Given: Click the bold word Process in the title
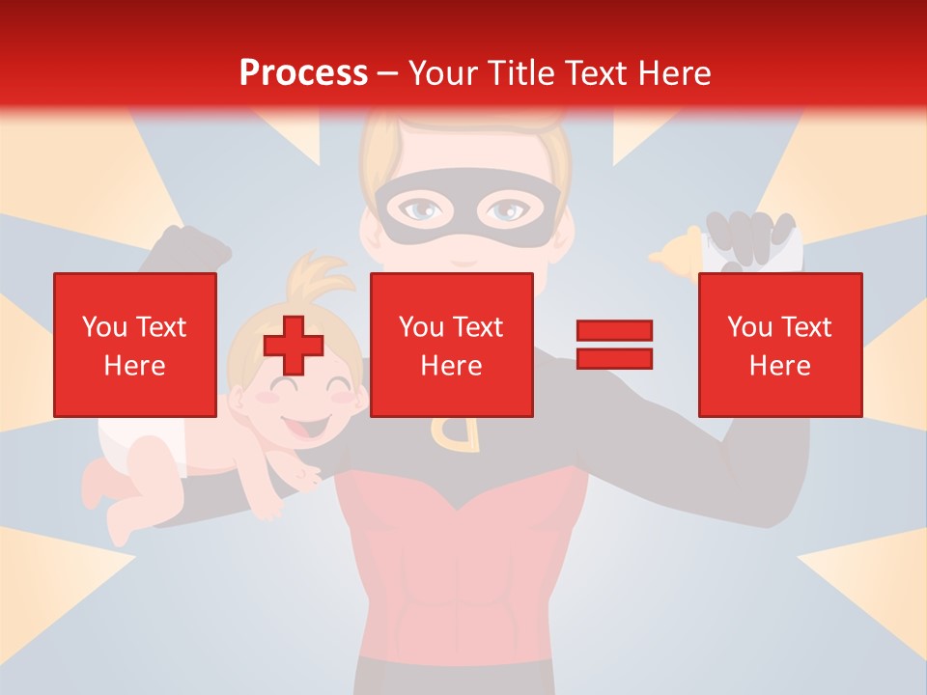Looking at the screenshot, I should click(303, 72).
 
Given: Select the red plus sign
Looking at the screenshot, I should click(294, 346).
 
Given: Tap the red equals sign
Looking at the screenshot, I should click(614, 345).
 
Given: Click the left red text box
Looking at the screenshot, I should click(134, 345).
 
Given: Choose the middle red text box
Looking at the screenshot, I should click(451, 345).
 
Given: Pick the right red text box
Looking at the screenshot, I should click(779, 345).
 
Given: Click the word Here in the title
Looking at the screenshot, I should click(673, 72).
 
